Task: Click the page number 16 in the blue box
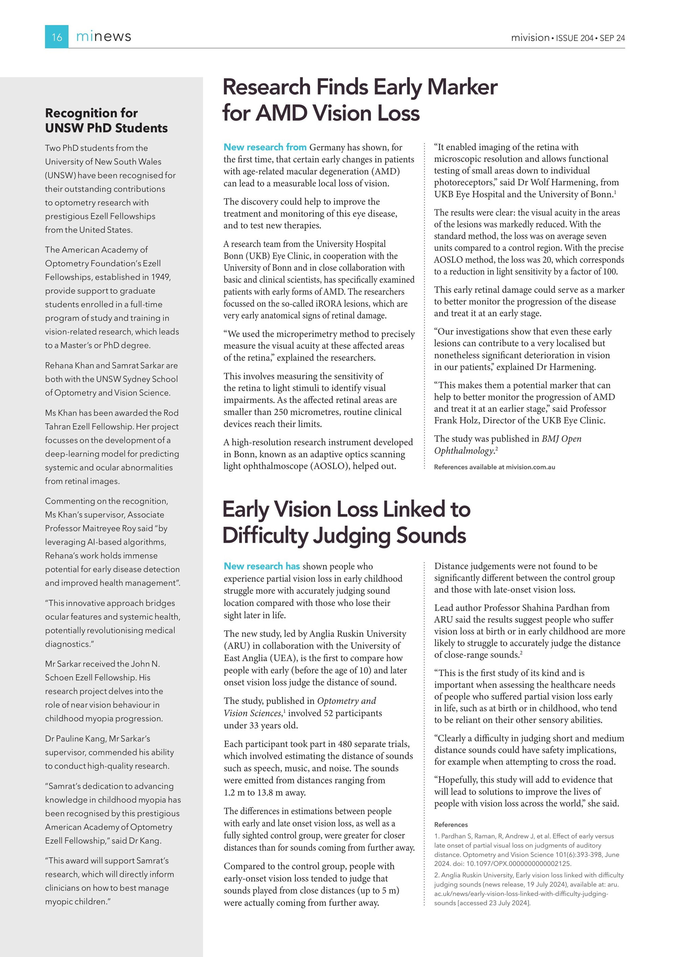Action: [x=57, y=37]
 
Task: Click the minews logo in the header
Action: [x=103, y=37]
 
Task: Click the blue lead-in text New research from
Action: [x=265, y=147]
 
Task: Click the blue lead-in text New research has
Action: [x=261, y=566]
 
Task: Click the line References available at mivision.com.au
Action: [x=495, y=467]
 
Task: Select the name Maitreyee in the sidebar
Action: [x=102, y=529]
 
